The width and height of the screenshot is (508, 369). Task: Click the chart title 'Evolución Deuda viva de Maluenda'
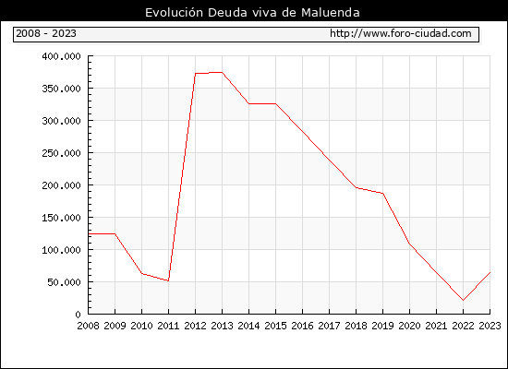pyautogui.click(x=252, y=13)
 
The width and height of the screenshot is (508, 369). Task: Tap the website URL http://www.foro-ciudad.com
pyautogui.click(x=401, y=33)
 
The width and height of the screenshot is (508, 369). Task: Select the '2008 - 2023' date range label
pyautogui.click(x=46, y=33)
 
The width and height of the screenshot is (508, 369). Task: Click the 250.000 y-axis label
pyautogui.click(x=61, y=153)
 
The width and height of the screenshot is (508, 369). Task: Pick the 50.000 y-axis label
pyautogui.click(x=64, y=282)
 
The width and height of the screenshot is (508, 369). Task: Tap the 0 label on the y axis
pyautogui.click(x=79, y=315)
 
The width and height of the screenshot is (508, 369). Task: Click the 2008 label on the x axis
pyautogui.click(x=88, y=326)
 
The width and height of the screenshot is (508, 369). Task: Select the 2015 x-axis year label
pyautogui.click(x=276, y=326)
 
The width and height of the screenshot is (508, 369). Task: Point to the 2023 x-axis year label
pyautogui.click(x=490, y=326)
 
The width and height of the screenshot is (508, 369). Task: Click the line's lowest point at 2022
pyautogui.click(x=463, y=301)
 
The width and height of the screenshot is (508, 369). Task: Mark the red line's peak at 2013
pyautogui.click(x=222, y=72)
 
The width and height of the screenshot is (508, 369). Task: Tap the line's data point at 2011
pyautogui.click(x=168, y=280)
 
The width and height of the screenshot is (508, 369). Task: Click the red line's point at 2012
pyautogui.click(x=196, y=74)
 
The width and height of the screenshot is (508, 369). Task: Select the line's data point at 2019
pyautogui.click(x=383, y=193)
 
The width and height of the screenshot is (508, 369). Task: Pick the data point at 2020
pyautogui.click(x=409, y=244)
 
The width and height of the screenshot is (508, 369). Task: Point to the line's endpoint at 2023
pyautogui.click(x=490, y=272)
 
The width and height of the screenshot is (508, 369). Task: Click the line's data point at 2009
pyautogui.click(x=115, y=233)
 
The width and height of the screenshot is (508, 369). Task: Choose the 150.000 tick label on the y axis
pyautogui.click(x=61, y=218)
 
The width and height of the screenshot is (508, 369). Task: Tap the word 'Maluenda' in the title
pyautogui.click(x=331, y=13)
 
